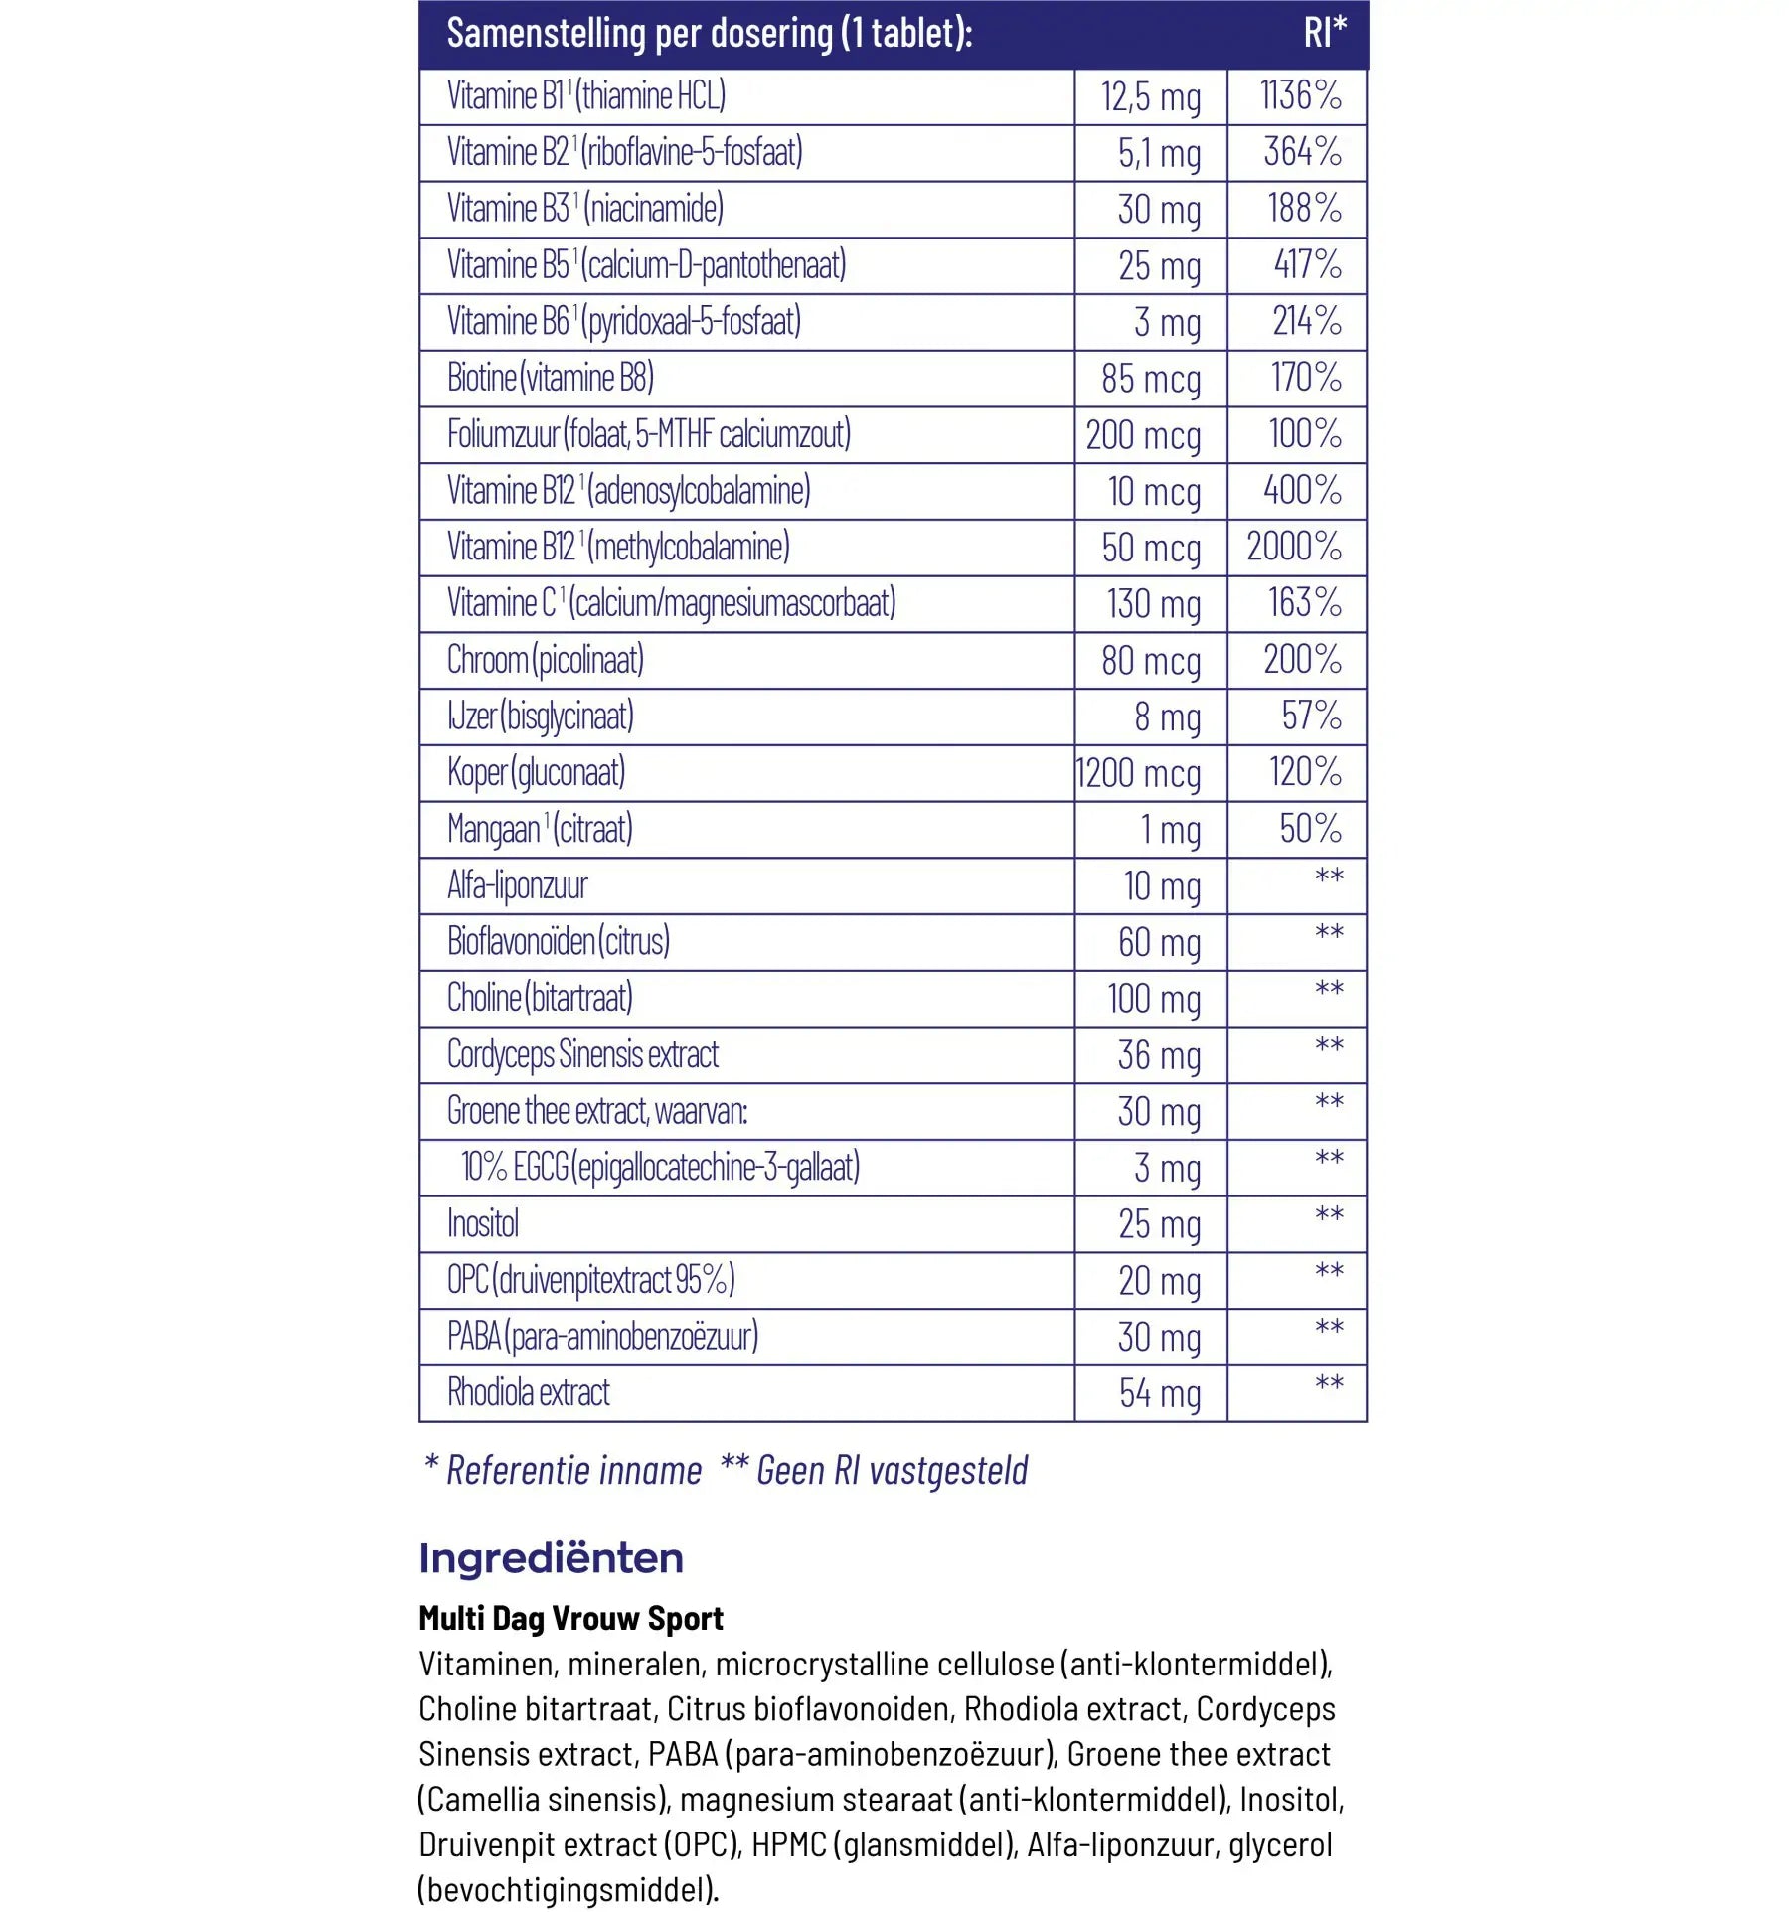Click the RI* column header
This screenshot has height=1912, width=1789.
(1324, 33)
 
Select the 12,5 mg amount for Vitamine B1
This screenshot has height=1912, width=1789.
(1150, 97)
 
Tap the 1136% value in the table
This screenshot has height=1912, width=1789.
(1300, 96)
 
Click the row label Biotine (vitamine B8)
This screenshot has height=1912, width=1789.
(550, 378)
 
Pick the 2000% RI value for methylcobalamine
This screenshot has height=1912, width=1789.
(1293, 547)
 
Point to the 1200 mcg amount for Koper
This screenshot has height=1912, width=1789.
(1138, 773)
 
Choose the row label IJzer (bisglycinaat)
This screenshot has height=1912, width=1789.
(540, 717)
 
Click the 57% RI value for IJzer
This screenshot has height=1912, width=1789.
(1311, 716)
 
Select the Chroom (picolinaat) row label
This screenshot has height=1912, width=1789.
(545, 660)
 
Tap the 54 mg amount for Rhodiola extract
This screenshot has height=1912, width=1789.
(1159, 1393)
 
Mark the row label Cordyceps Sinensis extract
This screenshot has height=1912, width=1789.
(582, 1054)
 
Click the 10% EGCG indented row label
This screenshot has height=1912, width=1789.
(660, 1168)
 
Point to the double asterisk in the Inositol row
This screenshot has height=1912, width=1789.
(1329, 1214)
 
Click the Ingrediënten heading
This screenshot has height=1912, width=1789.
(551, 1558)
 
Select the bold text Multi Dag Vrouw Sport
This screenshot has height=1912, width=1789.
(570, 1619)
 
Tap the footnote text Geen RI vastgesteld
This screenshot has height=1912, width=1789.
(892, 1470)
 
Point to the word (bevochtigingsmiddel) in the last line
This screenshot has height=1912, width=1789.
(567, 1889)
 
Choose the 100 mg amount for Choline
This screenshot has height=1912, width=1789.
(1154, 999)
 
